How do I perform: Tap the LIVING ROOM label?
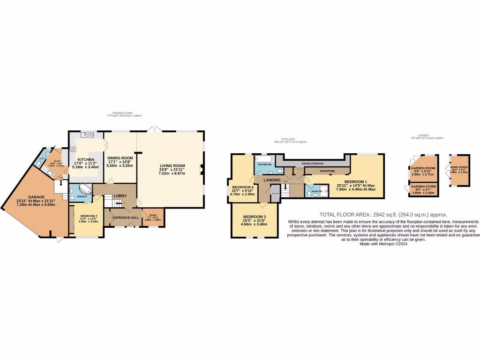coord(172,165)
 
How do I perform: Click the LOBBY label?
coord(120,195)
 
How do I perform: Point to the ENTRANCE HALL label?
coord(126,217)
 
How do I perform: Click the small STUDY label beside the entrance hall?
coord(153,215)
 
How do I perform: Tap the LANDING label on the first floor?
coord(272,180)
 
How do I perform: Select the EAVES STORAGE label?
coord(313,163)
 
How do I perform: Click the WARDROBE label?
coord(327,171)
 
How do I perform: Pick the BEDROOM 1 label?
coord(356,181)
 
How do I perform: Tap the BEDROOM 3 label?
coord(255,216)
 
